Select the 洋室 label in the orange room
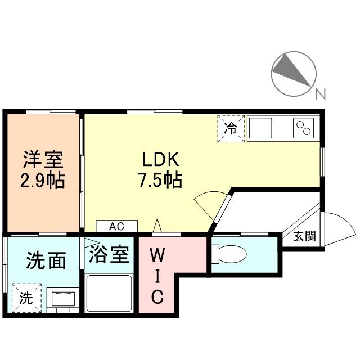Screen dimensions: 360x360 click(43, 159)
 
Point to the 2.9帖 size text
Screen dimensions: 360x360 click(43, 180)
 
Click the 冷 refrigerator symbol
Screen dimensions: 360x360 click(231, 128)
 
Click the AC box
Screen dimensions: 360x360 click(116, 226)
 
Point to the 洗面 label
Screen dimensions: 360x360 click(46, 260)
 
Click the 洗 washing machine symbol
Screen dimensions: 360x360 click(26, 296)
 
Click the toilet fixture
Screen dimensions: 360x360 click(229, 254)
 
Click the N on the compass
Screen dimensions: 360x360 click(320, 94)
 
